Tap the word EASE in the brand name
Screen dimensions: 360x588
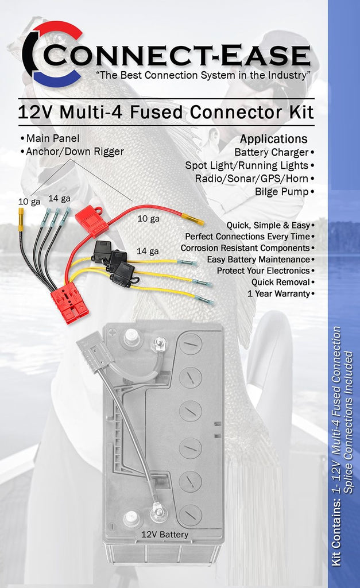(x=265, y=55)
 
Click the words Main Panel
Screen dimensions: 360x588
(x=53, y=138)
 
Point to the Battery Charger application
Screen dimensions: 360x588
(x=272, y=153)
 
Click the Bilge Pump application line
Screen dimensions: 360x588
(x=281, y=192)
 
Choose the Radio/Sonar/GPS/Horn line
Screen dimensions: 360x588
(x=251, y=179)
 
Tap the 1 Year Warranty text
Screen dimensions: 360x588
(x=278, y=293)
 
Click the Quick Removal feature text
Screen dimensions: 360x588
(x=281, y=283)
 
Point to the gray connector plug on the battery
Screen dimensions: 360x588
(x=95, y=351)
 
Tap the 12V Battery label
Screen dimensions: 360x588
(x=165, y=535)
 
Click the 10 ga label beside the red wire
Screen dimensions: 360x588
(x=149, y=219)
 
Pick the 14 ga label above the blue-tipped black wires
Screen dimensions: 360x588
(x=59, y=198)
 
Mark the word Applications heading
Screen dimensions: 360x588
(x=274, y=139)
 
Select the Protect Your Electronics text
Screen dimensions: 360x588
(x=263, y=271)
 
